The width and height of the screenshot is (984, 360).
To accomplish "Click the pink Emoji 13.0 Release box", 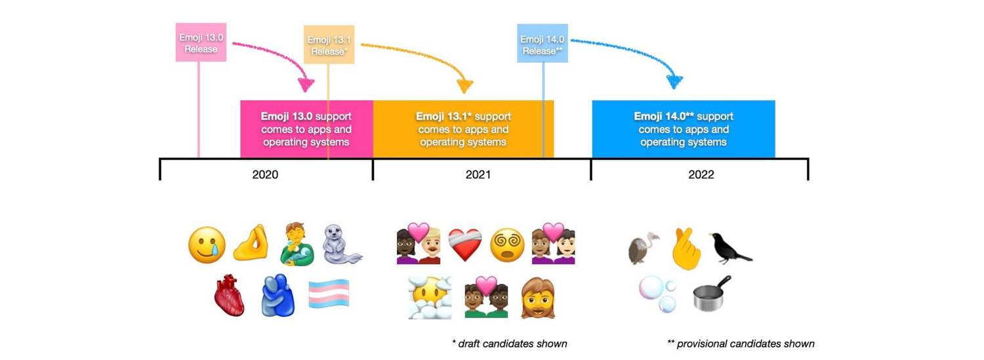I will pyautogui.click(x=201, y=43).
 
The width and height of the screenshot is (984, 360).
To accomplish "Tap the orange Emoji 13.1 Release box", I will pyautogui.click(x=329, y=45).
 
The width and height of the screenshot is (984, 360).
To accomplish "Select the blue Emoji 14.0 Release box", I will pyautogui.click(x=542, y=43).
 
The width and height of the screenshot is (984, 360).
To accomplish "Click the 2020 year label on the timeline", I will pyautogui.click(x=265, y=174).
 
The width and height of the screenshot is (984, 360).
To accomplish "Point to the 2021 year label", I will pyautogui.click(x=478, y=174).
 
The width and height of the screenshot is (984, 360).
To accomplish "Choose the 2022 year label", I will pyautogui.click(x=701, y=174).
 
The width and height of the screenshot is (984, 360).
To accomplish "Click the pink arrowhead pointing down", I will pyautogui.click(x=306, y=85).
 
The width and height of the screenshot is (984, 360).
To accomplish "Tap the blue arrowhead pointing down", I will pyautogui.click(x=674, y=82).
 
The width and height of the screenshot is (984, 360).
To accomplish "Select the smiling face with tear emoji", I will pyautogui.click(x=207, y=245).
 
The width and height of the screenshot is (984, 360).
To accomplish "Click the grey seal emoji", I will pyautogui.click(x=341, y=245).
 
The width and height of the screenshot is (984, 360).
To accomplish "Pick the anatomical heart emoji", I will pyautogui.click(x=230, y=296).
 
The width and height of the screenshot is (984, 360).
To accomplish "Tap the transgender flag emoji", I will pyautogui.click(x=329, y=294).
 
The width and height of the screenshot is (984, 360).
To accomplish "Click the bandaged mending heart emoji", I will pyautogui.click(x=465, y=245).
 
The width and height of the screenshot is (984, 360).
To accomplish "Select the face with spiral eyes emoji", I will pyautogui.click(x=507, y=245).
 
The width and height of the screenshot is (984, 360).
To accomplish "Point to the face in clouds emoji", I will pyautogui.click(x=430, y=298).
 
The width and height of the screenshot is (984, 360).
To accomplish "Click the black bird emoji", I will pyautogui.click(x=729, y=249).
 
